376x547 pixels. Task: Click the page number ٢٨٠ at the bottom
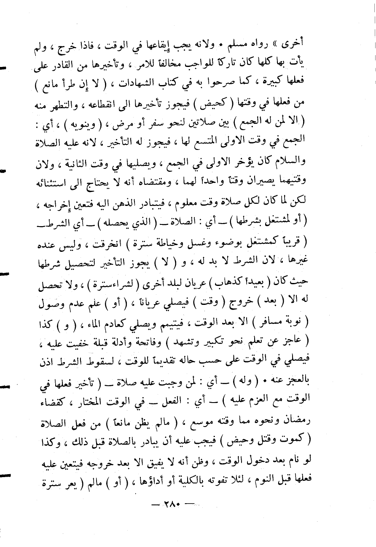168,527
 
